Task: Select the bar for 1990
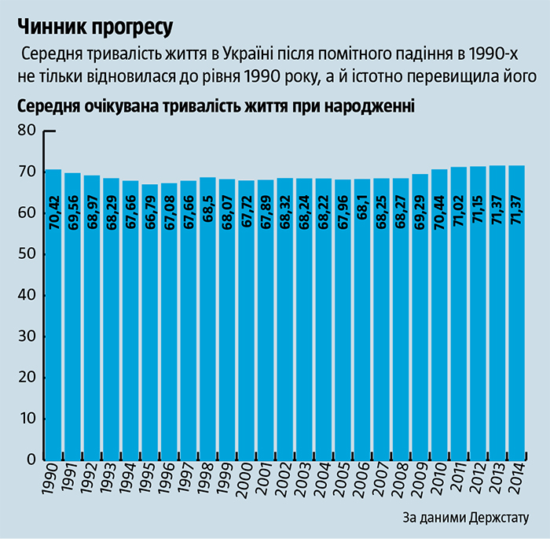54,315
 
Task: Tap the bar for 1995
150,323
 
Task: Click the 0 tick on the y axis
31,459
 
